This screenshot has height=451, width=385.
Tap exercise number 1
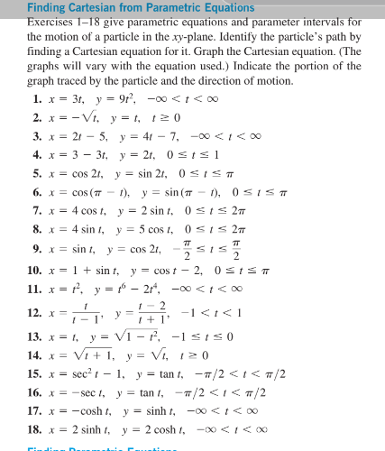[36, 98]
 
